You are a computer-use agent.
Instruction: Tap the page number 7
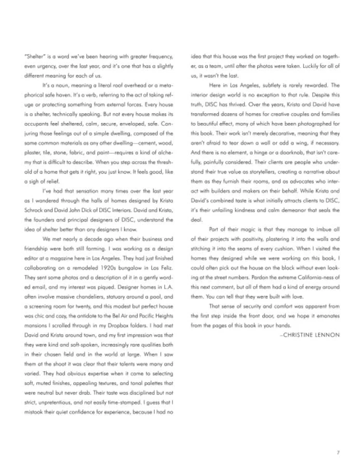tap(338, 452)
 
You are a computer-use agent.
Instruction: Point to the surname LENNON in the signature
tap(329, 321)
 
